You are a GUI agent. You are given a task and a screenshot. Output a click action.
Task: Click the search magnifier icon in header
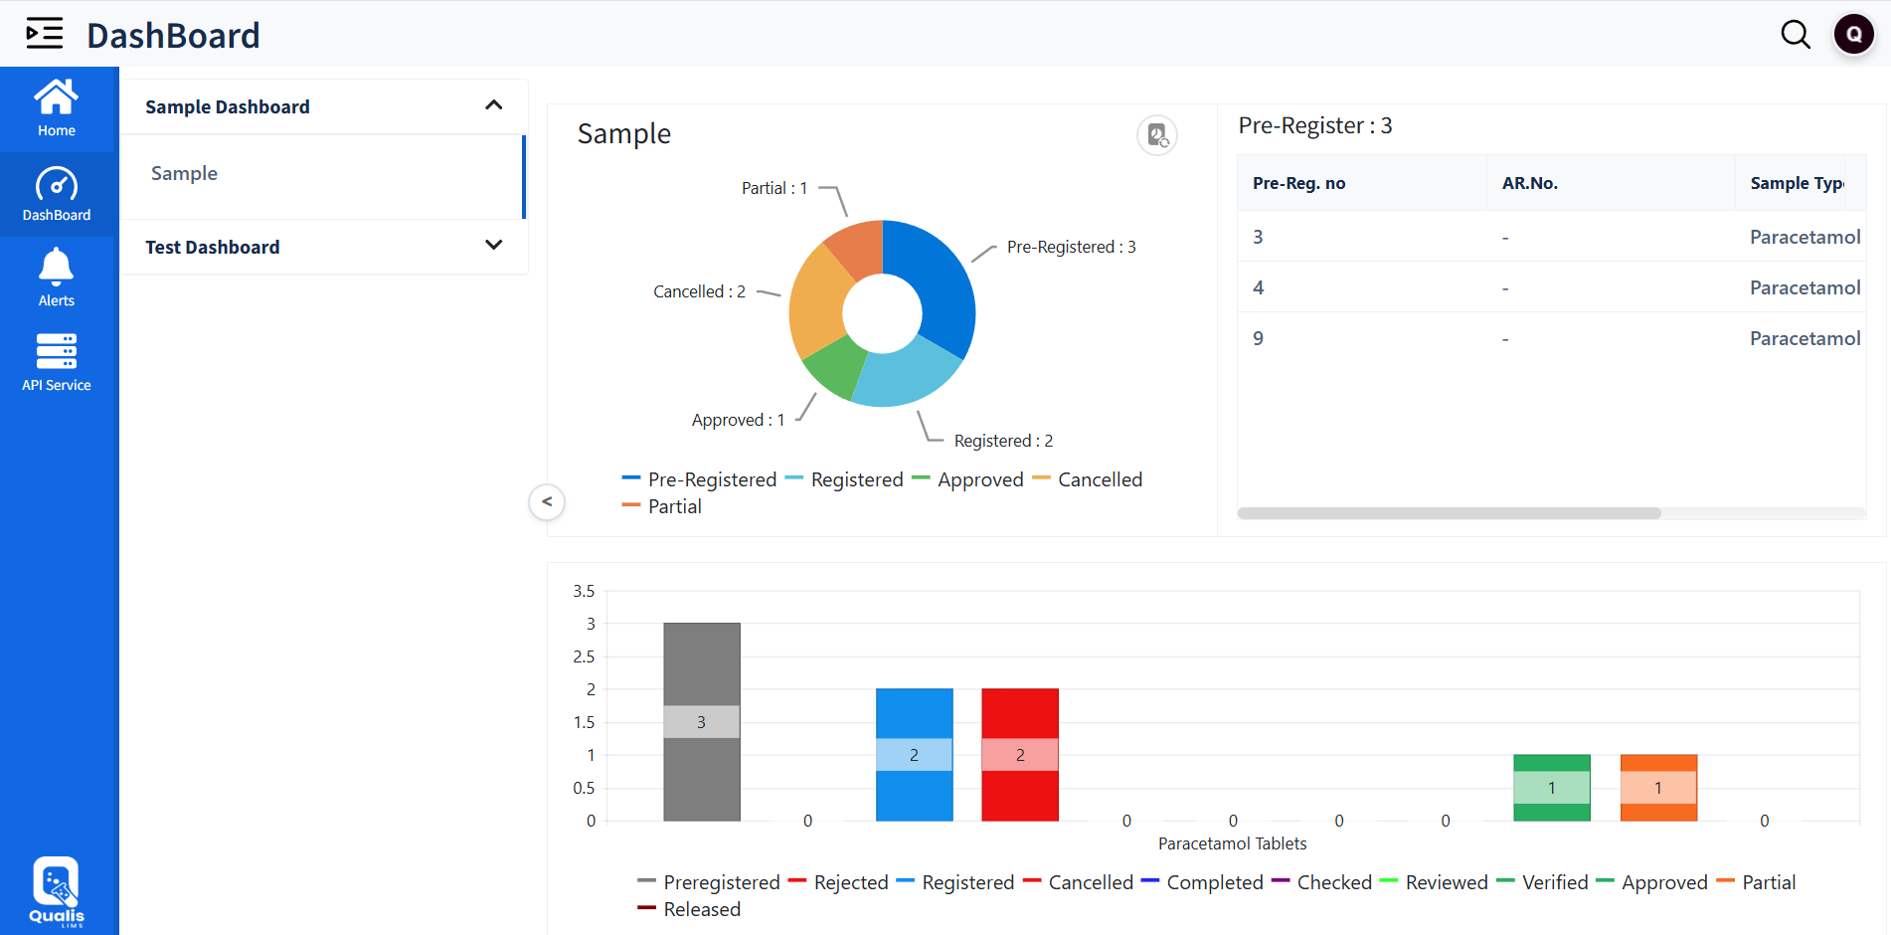coord(1795,35)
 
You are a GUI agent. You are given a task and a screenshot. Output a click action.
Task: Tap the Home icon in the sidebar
coord(57,107)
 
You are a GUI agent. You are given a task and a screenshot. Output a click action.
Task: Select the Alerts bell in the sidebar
coord(57,278)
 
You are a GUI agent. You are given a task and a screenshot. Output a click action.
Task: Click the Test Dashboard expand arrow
coord(493,246)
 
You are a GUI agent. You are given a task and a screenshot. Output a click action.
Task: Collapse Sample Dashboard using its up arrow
coord(493,105)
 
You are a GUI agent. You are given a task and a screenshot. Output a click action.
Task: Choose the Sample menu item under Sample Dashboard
coord(185,174)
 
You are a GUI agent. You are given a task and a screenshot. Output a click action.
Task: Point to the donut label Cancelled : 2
coord(699,291)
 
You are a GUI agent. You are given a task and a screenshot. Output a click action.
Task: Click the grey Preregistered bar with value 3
coord(701,676)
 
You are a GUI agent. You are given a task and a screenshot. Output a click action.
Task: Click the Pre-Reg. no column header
coord(1298,183)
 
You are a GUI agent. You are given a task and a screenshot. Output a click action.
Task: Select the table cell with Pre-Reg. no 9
coord(1259,338)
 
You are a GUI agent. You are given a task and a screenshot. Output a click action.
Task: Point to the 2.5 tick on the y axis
coord(584,656)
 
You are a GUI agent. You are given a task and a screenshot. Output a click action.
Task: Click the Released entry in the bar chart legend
coord(701,909)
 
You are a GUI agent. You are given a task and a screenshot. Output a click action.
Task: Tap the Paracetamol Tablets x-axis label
coord(1232,843)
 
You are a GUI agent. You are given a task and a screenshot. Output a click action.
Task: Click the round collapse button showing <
coord(547,501)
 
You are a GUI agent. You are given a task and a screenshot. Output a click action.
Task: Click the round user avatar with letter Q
coord(1853,34)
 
